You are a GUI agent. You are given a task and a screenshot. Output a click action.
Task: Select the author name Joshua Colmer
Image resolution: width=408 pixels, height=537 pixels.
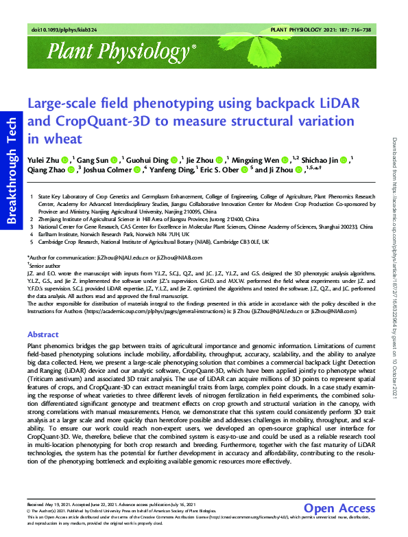click(109, 170)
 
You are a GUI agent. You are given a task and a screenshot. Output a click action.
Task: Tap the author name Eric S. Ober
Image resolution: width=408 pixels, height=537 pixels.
click(222, 170)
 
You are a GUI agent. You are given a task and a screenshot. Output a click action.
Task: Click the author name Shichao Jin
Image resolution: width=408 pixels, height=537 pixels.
click(324, 159)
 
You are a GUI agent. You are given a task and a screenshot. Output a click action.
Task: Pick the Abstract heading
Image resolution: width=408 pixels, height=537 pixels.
click(43, 334)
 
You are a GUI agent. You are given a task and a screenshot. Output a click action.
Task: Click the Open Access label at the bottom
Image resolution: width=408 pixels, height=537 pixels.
click(339, 508)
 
